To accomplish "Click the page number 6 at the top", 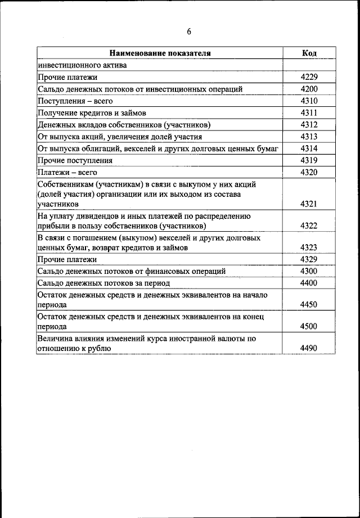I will (x=189, y=31).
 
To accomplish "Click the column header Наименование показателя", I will (x=160, y=53).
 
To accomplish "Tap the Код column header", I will (x=309, y=53).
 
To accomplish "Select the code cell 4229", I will (x=309, y=77).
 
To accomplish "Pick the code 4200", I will (x=309, y=89).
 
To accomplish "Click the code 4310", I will (x=309, y=101).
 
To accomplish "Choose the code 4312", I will (x=309, y=125).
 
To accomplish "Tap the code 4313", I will (x=309, y=137).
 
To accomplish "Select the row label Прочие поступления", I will (x=75, y=160).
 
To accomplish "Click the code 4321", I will (x=309, y=204).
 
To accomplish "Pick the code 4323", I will (x=309, y=247).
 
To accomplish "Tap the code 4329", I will (x=309, y=259).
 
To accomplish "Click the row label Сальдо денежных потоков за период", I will (x=103, y=283).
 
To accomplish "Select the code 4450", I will (x=309, y=304).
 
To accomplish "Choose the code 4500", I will (x=309, y=326).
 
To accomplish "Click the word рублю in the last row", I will (x=98, y=349).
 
